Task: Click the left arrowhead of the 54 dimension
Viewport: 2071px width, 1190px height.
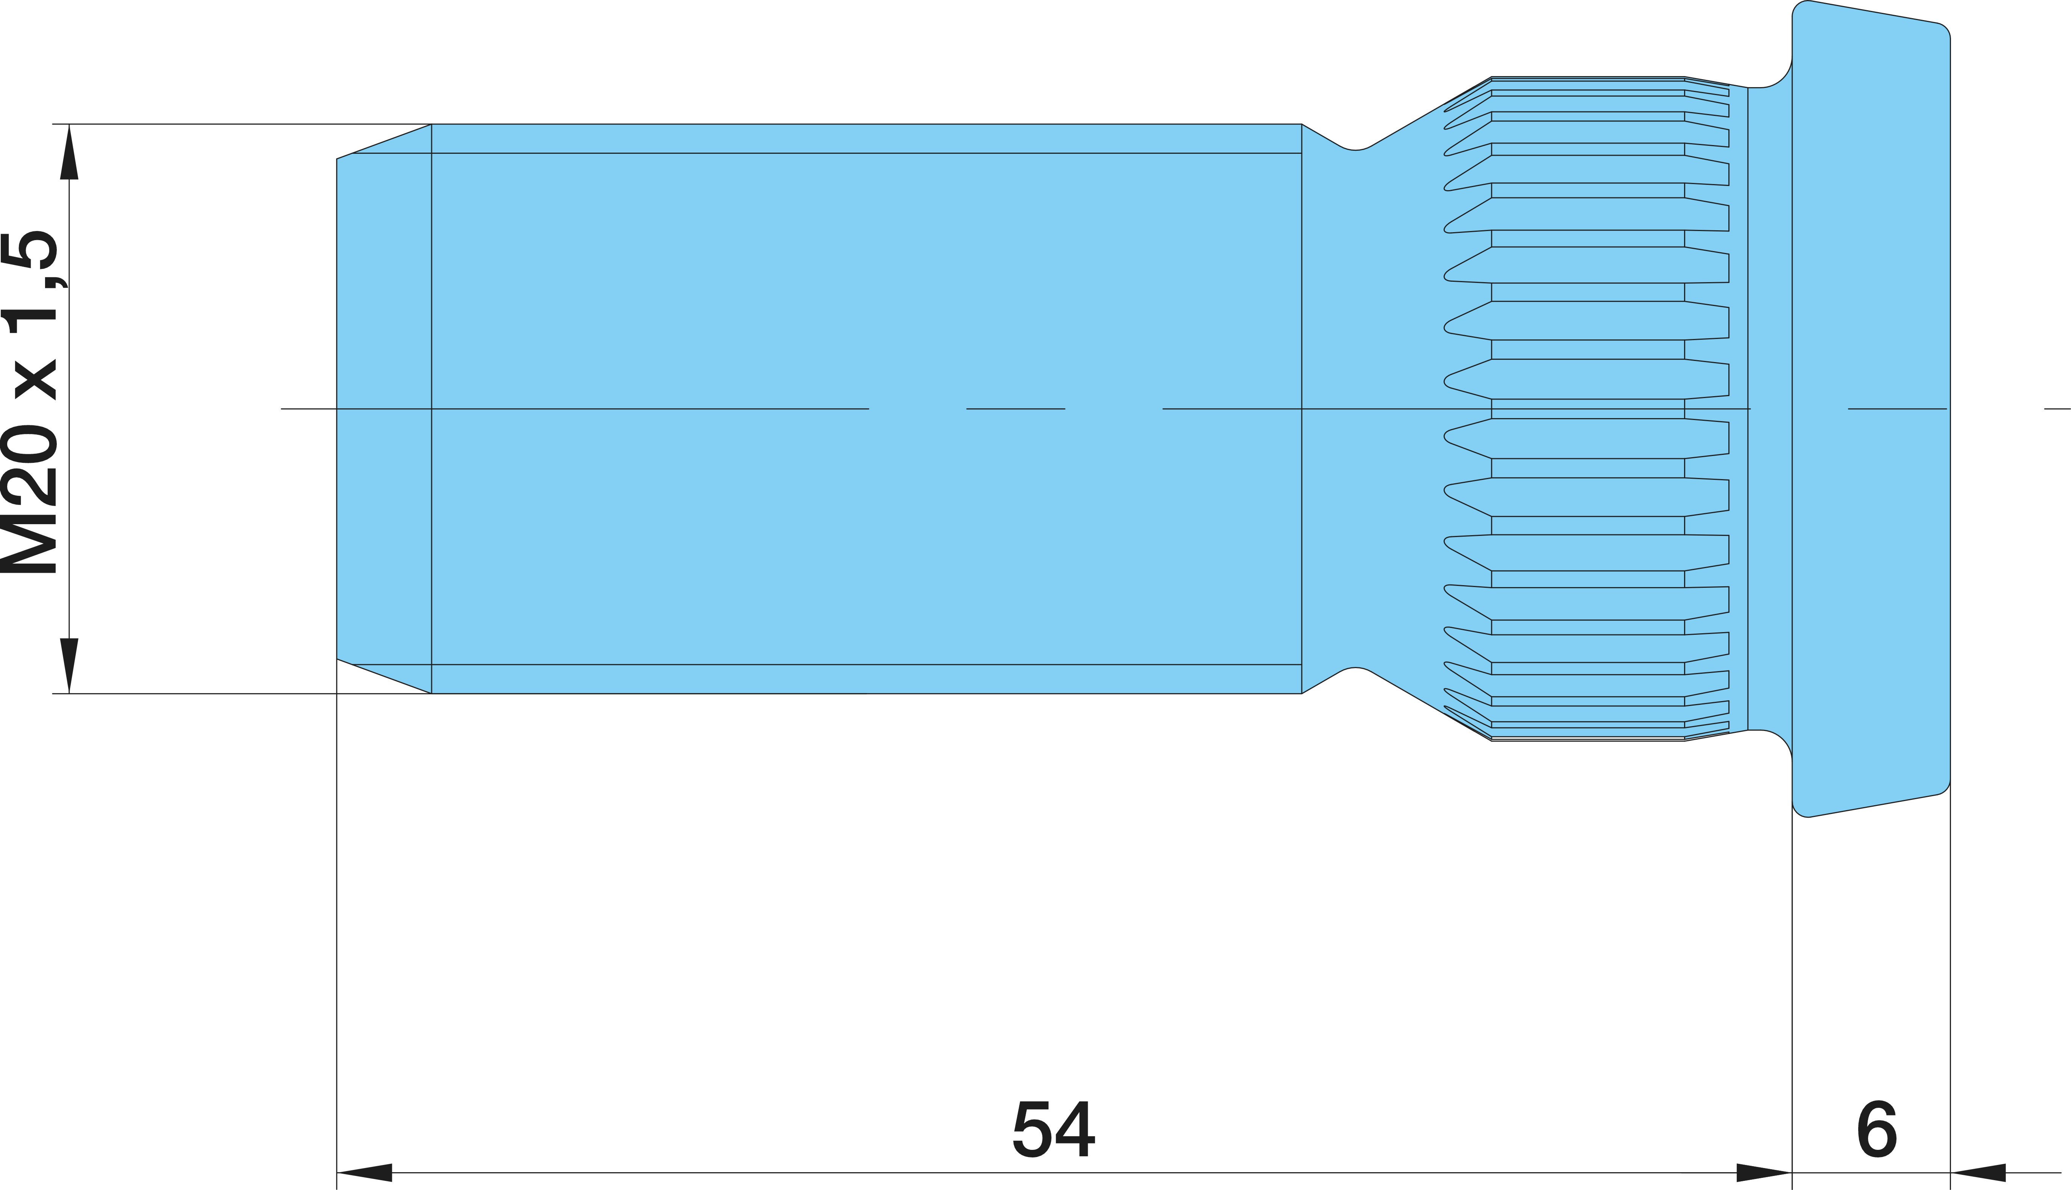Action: click(x=364, y=1173)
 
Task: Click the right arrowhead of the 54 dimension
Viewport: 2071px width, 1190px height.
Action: click(x=1765, y=1173)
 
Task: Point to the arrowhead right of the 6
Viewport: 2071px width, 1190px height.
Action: click(x=1978, y=1173)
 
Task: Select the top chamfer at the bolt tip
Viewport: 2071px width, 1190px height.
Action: click(x=384, y=141)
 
